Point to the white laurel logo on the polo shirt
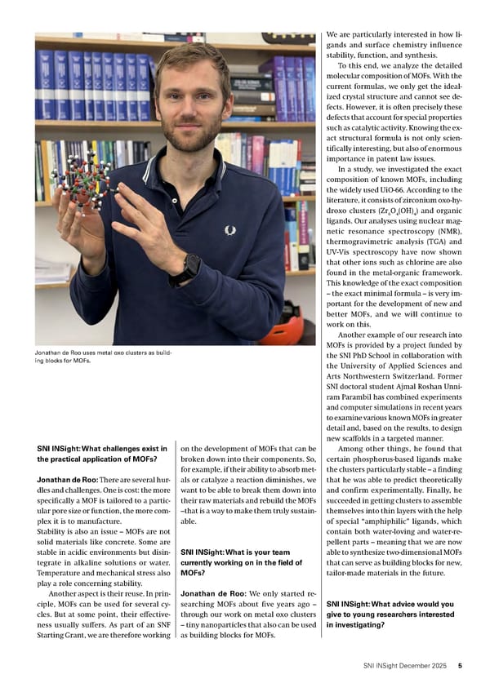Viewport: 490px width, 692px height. click(230, 230)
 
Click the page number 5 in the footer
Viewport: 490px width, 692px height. click(460, 666)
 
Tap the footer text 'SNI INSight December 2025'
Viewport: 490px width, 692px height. click(405, 666)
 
